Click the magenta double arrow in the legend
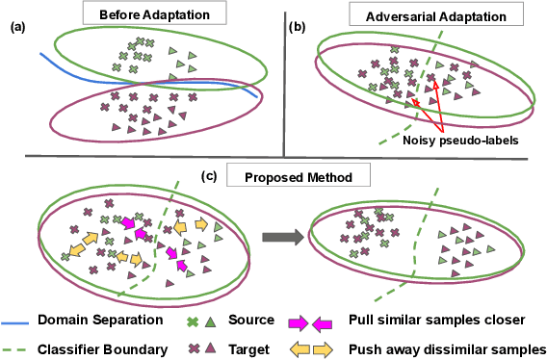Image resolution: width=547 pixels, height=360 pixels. click(x=311, y=320)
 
